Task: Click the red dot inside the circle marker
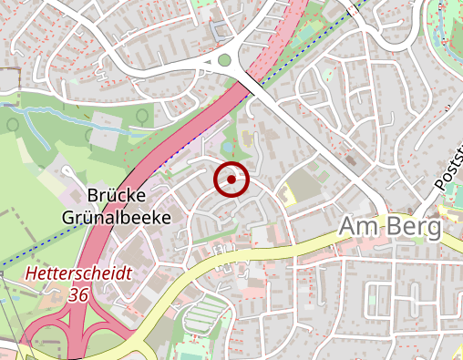(x=231, y=180)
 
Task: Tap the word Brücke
(x=118, y=195)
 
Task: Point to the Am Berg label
(x=389, y=228)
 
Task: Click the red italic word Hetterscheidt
(x=79, y=273)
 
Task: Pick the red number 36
(x=79, y=294)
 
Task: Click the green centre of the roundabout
(x=224, y=61)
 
